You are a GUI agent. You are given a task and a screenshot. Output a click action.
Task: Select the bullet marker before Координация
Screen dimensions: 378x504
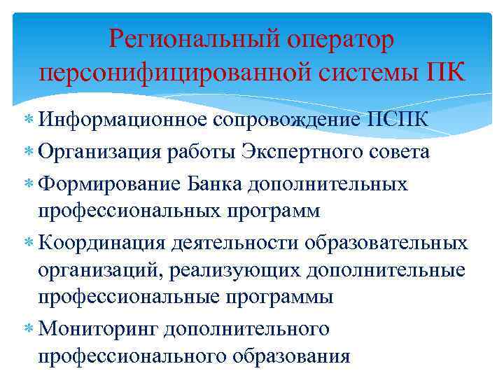27,244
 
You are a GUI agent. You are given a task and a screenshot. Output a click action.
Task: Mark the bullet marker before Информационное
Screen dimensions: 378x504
27,119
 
